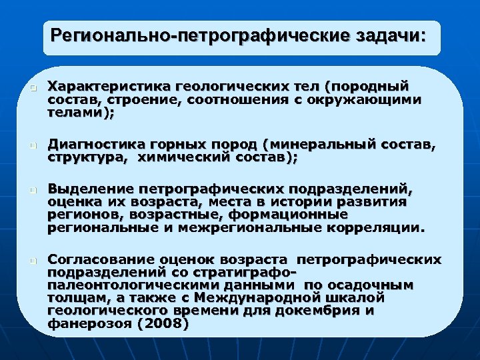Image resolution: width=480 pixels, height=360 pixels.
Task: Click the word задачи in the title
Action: [x=386, y=34]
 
